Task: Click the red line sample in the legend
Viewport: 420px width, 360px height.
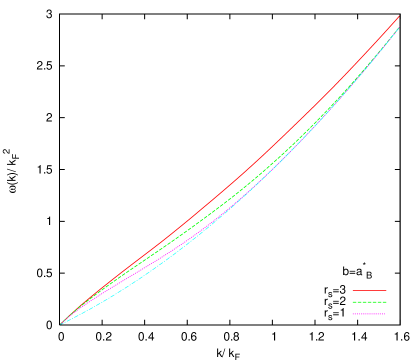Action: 369,290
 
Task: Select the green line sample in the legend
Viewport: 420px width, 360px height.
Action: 369,302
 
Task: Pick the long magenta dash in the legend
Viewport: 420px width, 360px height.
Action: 370,314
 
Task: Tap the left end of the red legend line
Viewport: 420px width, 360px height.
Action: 353,290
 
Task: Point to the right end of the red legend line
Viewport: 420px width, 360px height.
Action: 386,290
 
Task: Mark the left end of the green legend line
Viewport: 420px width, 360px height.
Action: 353,302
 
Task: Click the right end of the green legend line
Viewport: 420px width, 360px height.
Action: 386,302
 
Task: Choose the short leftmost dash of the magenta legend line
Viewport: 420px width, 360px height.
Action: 354,314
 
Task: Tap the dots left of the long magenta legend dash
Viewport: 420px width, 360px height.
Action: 359,314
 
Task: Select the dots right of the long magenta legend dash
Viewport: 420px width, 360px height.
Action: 382,314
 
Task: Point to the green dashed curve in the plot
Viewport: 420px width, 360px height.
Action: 250,184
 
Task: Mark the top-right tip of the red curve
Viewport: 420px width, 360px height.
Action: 400,17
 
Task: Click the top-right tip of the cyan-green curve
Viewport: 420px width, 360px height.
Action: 399,28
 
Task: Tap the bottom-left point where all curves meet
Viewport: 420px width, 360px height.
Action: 61,323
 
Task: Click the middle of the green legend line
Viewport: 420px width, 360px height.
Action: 369,302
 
